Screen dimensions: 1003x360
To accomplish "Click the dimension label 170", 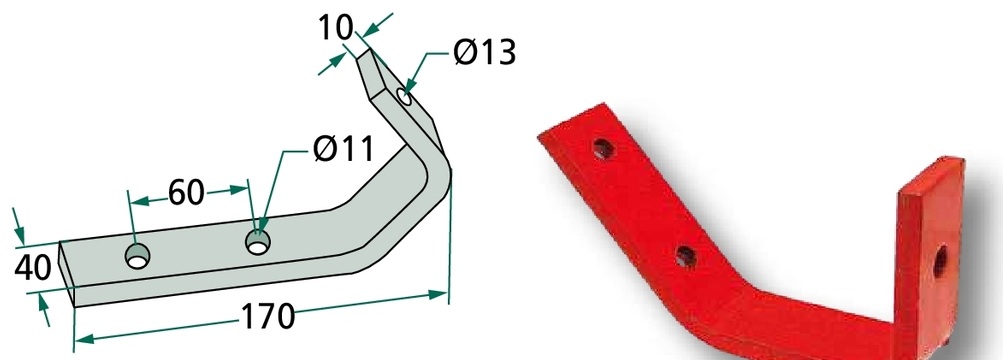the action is click(x=267, y=316).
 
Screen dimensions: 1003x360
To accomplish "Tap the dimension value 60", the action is click(x=186, y=192).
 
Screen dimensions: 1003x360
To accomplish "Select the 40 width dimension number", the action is click(x=32, y=269).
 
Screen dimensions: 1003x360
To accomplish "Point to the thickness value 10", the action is click(x=335, y=28).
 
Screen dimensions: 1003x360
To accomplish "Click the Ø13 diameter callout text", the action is click(x=484, y=52).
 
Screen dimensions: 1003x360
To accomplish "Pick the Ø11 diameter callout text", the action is click(x=343, y=150).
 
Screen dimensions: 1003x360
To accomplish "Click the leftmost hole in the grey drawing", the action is click(x=138, y=256).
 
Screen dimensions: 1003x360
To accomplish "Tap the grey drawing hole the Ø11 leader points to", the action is click(x=258, y=242).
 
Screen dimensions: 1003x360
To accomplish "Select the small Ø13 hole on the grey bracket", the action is click(x=404, y=97).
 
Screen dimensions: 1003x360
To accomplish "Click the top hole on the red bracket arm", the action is click(x=603, y=149).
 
